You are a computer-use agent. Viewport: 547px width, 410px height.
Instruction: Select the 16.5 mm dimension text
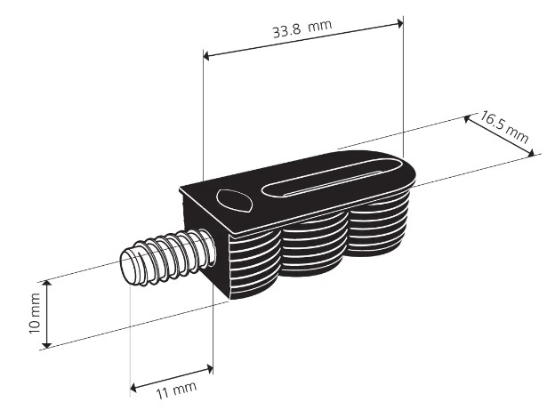(503, 126)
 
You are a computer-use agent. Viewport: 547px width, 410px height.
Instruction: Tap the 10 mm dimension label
(34, 313)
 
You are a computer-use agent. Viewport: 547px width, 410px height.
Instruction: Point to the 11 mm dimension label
(176, 390)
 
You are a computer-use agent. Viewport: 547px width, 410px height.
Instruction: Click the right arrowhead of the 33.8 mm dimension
(399, 24)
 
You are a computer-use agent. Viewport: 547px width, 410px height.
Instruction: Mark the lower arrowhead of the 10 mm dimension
(47, 344)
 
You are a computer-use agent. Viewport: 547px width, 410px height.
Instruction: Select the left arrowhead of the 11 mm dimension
(133, 387)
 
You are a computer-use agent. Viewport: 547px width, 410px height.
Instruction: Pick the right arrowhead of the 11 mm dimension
(210, 368)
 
